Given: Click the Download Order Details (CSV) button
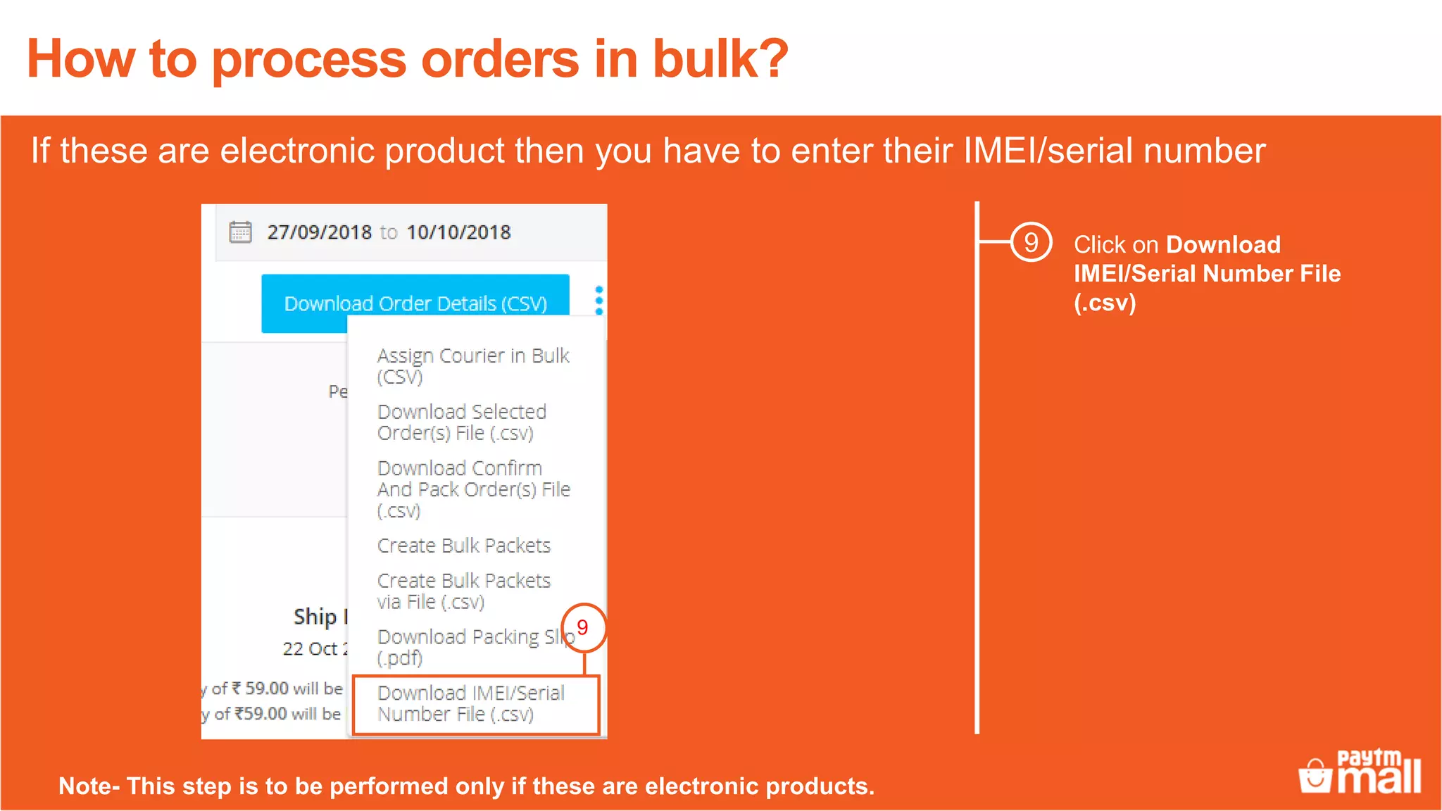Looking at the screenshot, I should [415, 303].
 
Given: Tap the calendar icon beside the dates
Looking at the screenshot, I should [240, 232].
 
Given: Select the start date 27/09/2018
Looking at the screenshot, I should [319, 232].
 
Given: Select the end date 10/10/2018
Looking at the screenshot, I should [458, 232].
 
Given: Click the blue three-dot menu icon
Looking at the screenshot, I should [599, 301].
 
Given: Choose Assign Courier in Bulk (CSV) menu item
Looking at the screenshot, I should [472, 366].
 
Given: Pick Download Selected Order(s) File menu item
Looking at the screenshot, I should [462, 422].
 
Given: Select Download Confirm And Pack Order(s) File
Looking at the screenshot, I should [473, 489].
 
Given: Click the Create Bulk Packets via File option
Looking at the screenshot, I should [463, 591].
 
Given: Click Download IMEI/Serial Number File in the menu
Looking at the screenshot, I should [470, 703].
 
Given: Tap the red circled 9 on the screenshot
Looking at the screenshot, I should [583, 627].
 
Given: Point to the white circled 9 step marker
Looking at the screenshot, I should [1031, 243].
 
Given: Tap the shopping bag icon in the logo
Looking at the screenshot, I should [1315, 777].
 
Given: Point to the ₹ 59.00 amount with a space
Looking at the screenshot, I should [260, 688].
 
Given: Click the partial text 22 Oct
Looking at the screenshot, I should [311, 648].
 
